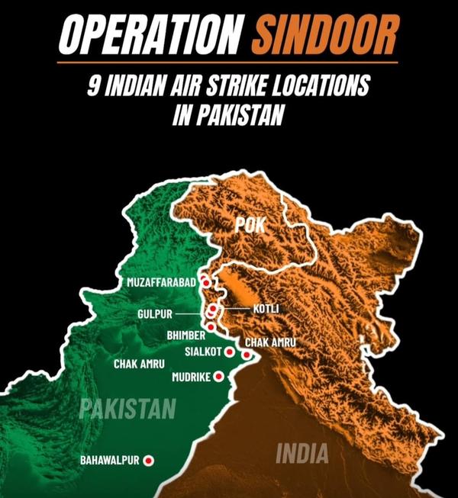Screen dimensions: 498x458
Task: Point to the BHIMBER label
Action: click(185, 335)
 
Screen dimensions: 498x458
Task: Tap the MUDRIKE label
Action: click(191, 377)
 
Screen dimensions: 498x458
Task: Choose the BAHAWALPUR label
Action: click(110, 461)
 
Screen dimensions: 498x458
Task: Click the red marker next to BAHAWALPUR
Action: click(149, 460)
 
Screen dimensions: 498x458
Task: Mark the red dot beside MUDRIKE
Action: click(218, 376)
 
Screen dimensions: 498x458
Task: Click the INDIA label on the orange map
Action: click(302, 454)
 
